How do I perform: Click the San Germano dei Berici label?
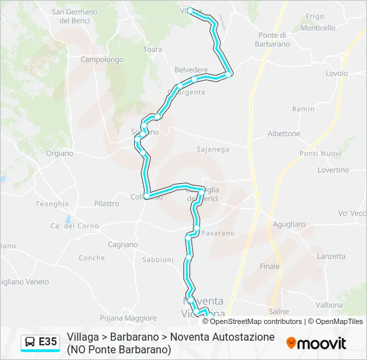pyautogui.click(x=74, y=16)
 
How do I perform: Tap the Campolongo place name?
pyautogui.click(x=101, y=59)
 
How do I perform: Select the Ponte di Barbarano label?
pyautogui.click(x=274, y=39)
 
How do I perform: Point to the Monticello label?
pyautogui.click(x=318, y=28)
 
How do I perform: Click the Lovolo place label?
pyautogui.click(x=337, y=73)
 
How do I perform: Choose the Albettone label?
pyautogui.click(x=284, y=133)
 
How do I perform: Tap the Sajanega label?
pyautogui.click(x=212, y=149)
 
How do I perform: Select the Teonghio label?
pyautogui.click(x=52, y=203)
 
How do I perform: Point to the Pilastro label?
pyautogui.click(x=106, y=203)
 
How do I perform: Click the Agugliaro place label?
pyautogui.click(x=289, y=225)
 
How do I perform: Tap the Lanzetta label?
pyautogui.click(x=332, y=256)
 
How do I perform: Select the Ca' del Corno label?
pyautogui.click(x=74, y=225)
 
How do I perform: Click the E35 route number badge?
pyautogui.click(x=47, y=342)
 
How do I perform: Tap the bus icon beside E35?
pyautogui.click(x=30, y=342)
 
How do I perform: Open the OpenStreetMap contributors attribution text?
pyautogui.click(x=256, y=321)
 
